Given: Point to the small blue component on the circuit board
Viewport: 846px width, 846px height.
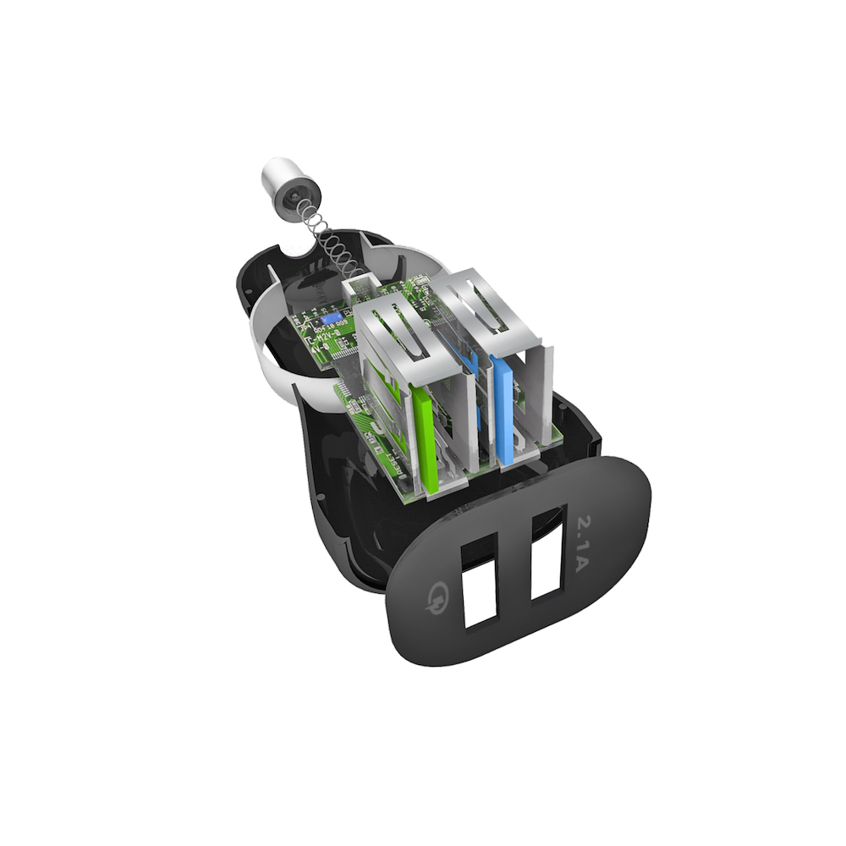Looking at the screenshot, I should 332,316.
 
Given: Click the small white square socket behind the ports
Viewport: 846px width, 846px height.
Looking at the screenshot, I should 359,288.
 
